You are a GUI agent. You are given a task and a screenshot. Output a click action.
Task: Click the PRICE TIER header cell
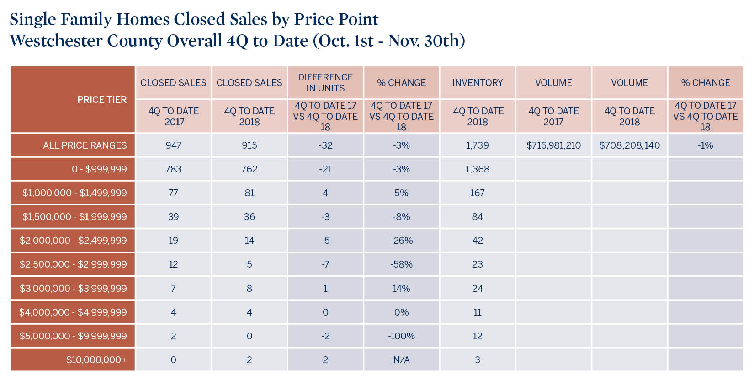tap(101, 100)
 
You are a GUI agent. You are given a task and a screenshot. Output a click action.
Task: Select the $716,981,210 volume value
tap(553, 145)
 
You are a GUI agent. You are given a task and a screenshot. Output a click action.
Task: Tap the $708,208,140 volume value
tap(629, 145)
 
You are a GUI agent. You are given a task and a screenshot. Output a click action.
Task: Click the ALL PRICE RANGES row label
tap(85, 145)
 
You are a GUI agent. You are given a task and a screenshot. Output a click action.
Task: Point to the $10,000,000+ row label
tap(96, 360)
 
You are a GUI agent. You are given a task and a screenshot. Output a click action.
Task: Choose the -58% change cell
tap(402, 264)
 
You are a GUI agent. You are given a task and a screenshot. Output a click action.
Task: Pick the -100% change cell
tap(402, 336)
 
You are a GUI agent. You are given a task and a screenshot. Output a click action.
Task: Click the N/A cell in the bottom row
tap(402, 360)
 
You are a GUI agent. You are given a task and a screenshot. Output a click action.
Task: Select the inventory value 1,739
tap(478, 145)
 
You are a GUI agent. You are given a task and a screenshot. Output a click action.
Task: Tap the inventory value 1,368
tap(478, 169)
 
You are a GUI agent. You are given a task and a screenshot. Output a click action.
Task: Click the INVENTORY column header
tap(478, 83)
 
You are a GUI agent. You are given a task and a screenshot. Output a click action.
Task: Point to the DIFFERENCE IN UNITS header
tap(325, 83)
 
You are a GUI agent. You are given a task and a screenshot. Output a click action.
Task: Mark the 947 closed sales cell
tap(174, 145)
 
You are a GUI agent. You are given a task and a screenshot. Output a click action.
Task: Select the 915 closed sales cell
tap(250, 145)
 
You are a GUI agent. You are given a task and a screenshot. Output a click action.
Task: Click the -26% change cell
tap(402, 241)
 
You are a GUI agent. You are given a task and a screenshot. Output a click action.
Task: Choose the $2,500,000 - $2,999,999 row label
tap(73, 264)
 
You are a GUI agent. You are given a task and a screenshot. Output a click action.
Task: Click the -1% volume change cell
tap(706, 145)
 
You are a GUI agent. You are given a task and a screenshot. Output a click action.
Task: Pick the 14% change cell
tap(402, 289)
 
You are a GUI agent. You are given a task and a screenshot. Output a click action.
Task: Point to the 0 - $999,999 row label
tap(99, 169)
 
